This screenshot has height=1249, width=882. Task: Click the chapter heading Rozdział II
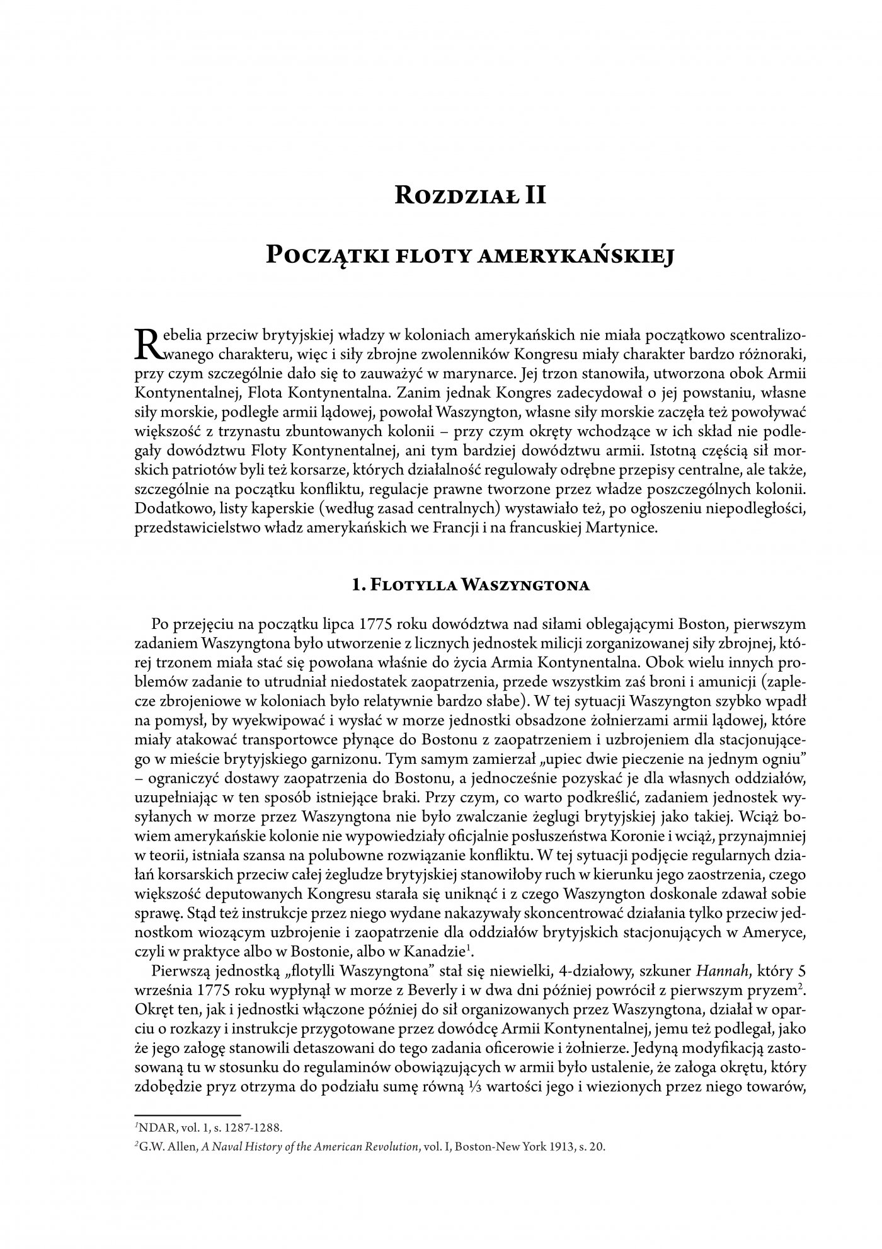click(469, 195)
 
